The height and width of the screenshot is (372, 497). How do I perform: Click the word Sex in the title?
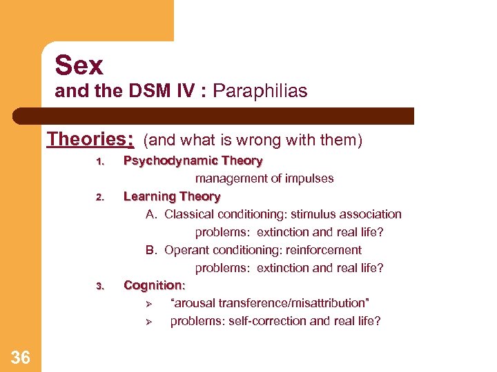[x=79, y=65]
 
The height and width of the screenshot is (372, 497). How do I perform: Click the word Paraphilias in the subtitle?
[x=260, y=91]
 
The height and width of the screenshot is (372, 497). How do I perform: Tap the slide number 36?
[x=21, y=357]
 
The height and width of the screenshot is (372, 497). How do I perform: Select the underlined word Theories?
[x=90, y=139]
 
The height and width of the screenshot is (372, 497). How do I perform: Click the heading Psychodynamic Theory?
[x=193, y=161]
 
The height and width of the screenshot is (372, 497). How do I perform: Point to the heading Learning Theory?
[x=171, y=196]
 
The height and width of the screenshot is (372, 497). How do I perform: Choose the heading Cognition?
[x=155, y=285]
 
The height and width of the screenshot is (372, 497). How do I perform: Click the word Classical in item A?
[x=189, y=214]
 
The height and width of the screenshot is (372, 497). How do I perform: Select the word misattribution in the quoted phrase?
[x=325, y=303]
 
